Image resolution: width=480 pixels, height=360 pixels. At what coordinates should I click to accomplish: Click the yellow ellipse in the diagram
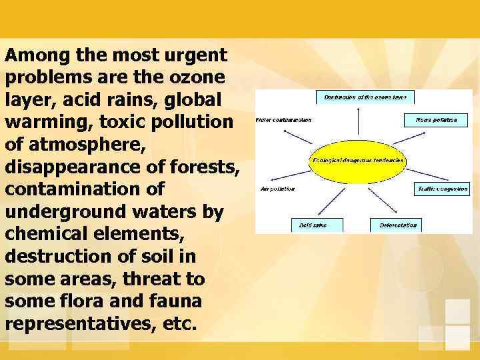coord(358,161)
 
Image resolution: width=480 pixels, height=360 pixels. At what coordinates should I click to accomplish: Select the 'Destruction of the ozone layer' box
coord(365,97)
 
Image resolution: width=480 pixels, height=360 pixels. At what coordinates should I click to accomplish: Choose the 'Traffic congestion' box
coord(441,189)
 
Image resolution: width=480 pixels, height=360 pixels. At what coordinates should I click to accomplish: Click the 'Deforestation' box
coord(398,225)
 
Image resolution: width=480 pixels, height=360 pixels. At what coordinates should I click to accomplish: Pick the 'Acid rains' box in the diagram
coord(317,225)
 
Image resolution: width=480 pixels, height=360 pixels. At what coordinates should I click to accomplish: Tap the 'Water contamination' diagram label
coord(283,121)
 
